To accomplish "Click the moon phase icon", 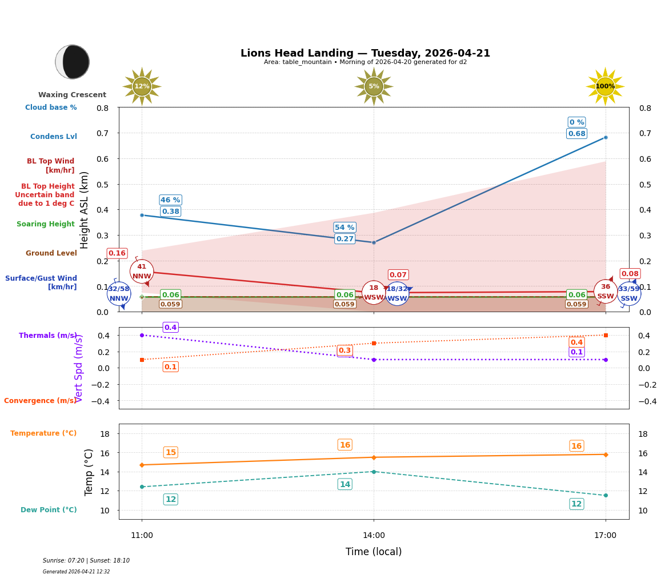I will tap(73, 62).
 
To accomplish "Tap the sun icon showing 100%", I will tap(605, 86).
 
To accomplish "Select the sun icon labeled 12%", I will tap(142, 86).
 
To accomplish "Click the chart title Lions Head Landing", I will tap(365, 53).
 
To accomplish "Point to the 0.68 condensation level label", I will tap(576, 134).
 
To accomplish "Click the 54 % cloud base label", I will tap(345, 228).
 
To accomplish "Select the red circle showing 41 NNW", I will tap(142, 272).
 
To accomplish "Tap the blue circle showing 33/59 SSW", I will tap(628, 294).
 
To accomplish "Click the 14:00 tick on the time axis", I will tap(374, 536).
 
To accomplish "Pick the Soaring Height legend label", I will tap(46, 224).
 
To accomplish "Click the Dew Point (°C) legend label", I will tap(49, 510).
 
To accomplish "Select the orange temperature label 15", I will tap(170, 452).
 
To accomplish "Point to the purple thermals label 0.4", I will tap(170, 328).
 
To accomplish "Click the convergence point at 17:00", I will tap(606, 335).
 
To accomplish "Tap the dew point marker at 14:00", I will tap(374, 472).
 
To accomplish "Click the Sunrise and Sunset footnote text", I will tap(86, 561).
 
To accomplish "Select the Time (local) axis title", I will tap(374, 552).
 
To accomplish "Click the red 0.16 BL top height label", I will tap(117, 253).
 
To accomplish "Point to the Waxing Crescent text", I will tap(72, 95).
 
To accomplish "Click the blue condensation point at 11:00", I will tap(142, 215).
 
